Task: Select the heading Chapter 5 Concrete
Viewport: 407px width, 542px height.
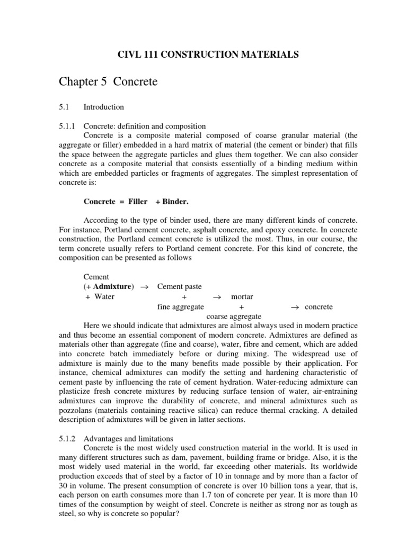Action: pos(109,82)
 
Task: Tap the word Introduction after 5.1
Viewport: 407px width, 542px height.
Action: pos(104,107)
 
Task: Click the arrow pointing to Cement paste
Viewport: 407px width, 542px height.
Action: pos(144,286)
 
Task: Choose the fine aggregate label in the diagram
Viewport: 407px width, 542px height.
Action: pos(181,306)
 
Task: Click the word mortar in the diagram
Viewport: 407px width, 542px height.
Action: pos(242,296)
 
